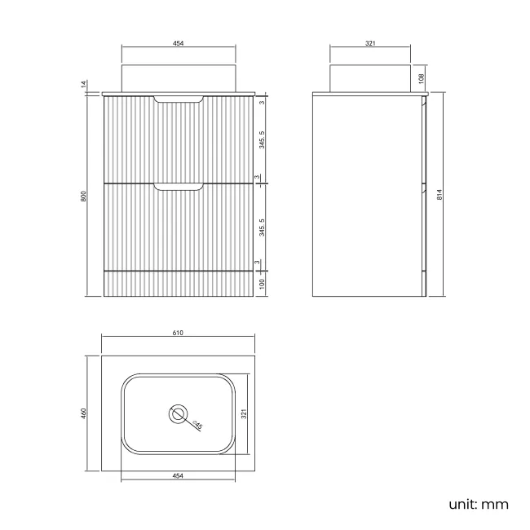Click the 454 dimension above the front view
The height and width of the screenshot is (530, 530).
point(177,44)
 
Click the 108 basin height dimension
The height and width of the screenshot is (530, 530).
point(421,78)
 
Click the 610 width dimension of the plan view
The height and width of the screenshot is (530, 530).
point(177,333)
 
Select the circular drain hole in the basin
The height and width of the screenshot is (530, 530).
point(177,413)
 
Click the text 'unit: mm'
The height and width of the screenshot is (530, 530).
point(478,504)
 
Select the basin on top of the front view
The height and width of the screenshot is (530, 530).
point(177,77)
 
